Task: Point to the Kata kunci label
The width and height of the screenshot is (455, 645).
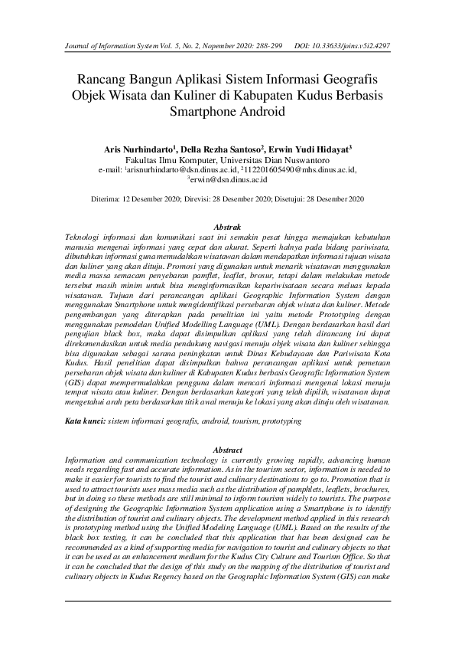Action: coord(83,421)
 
